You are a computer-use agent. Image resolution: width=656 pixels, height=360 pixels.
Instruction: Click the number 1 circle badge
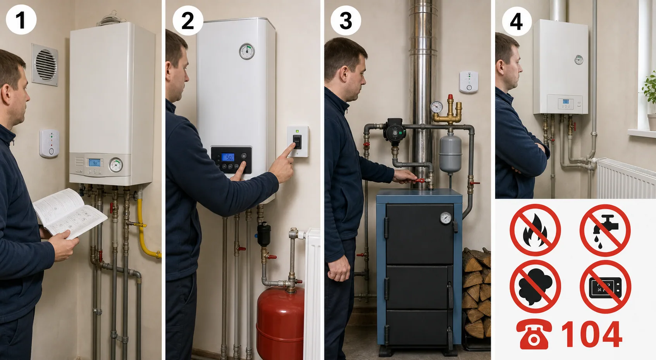21,19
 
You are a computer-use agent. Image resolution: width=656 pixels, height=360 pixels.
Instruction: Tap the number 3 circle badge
346,21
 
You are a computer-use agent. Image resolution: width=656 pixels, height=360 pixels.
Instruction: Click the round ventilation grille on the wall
45,65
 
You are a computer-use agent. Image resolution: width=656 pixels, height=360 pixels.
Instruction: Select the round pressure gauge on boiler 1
116,165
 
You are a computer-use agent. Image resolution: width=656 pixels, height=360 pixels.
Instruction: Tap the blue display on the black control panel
228,157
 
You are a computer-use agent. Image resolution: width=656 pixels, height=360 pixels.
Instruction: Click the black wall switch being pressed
297,141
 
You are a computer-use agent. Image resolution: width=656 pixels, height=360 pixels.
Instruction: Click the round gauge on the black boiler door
446,218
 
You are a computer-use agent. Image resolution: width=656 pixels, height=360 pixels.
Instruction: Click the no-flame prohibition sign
535,230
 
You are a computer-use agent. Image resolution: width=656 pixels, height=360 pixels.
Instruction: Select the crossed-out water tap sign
605,230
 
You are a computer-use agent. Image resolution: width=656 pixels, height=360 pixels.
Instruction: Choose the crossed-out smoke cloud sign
535,286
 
